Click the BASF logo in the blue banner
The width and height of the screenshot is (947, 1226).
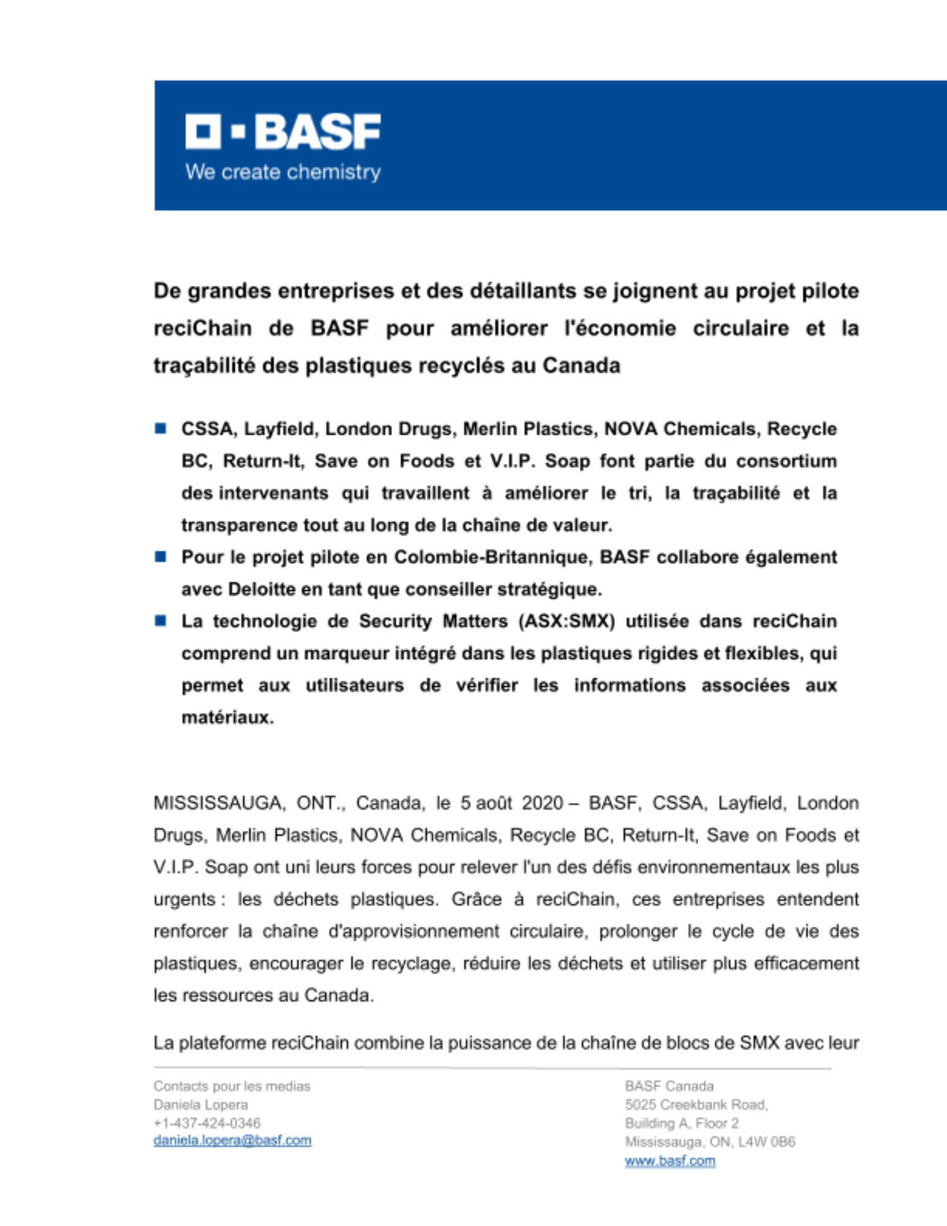(283, 131)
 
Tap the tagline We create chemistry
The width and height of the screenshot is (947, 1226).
(283, 172)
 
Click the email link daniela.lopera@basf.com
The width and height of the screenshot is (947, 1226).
(232, 1140)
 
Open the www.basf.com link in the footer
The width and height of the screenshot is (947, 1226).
(670, 1160)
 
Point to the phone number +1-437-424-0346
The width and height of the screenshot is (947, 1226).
(207, 1123)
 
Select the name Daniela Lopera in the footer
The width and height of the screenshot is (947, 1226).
(200, 1105)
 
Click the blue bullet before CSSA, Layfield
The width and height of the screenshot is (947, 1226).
(161, 428)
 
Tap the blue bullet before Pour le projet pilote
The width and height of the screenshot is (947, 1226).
(161, 557)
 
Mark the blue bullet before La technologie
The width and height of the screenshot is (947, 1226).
(161, 621)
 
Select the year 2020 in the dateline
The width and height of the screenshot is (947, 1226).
(542, 803)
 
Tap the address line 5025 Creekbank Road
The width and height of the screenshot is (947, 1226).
(696, 1105)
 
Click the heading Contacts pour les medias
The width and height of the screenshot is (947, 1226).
(232, 1086)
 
